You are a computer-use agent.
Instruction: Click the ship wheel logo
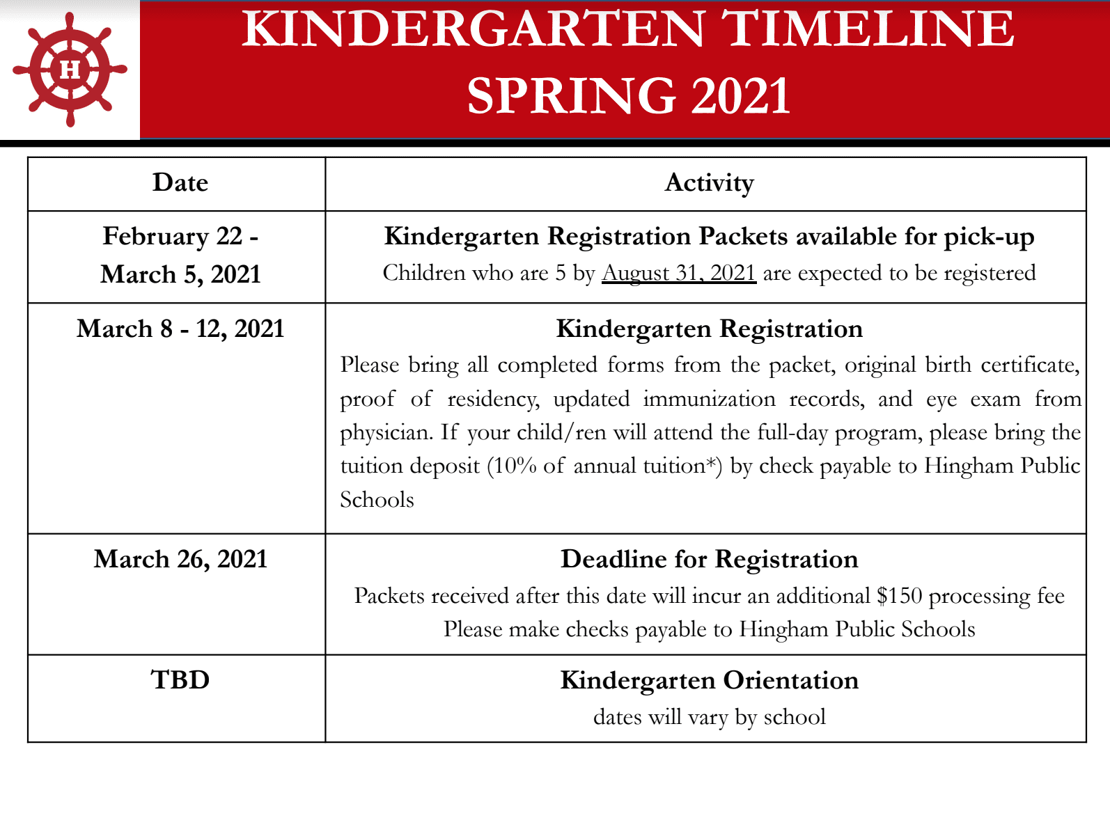click(70, 70)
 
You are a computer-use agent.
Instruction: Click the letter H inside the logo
click(70, 70)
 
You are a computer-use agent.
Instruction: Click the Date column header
click(180, 183)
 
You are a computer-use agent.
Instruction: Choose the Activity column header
click(709, 183)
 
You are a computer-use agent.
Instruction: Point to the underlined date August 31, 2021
click(679, 273)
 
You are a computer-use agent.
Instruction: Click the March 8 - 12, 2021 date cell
click(180, 329)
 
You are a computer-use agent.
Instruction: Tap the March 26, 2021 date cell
click(180, 559)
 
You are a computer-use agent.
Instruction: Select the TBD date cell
click(180, 680)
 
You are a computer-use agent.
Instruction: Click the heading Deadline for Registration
click(709, 559)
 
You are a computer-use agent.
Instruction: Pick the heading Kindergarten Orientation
click(709, 680)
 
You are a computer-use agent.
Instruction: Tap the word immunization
click(709, 399)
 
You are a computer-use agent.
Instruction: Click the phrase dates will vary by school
click(709, 717)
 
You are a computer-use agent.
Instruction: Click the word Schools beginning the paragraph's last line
click(377, 500)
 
